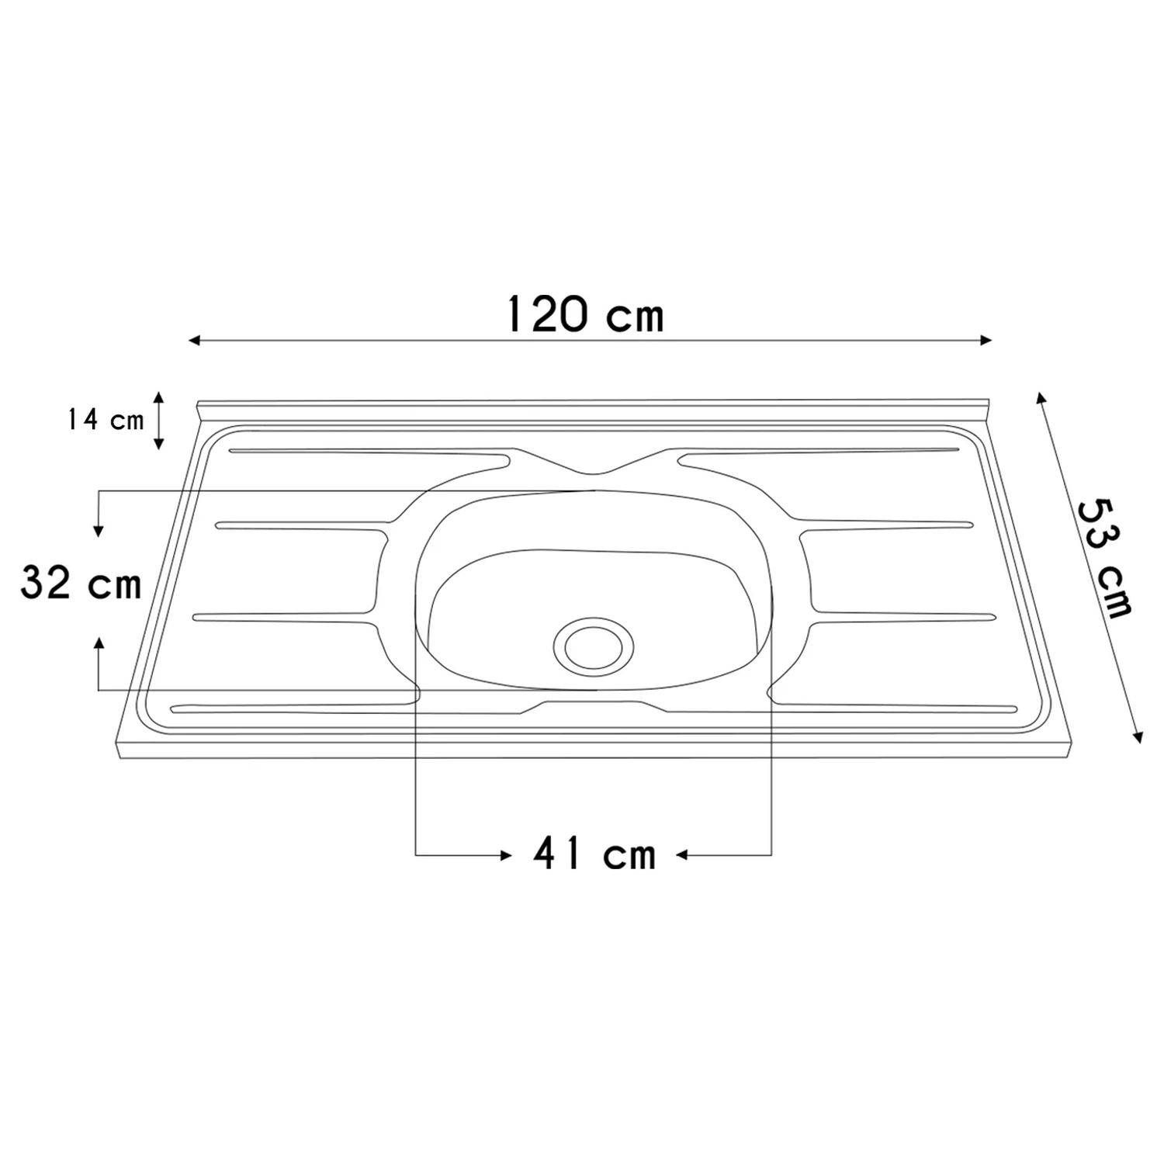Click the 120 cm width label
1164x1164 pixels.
point(585,314)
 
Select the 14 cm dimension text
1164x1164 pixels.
point(105,420)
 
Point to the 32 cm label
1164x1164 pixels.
point(81,583)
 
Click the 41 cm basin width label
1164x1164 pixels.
point(594,854)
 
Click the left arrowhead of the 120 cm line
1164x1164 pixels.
point(195,340)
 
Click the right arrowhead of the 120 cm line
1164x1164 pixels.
point(986,340)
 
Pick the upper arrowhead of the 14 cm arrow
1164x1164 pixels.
point(158,397)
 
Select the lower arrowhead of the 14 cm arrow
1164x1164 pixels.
point(158,444)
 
